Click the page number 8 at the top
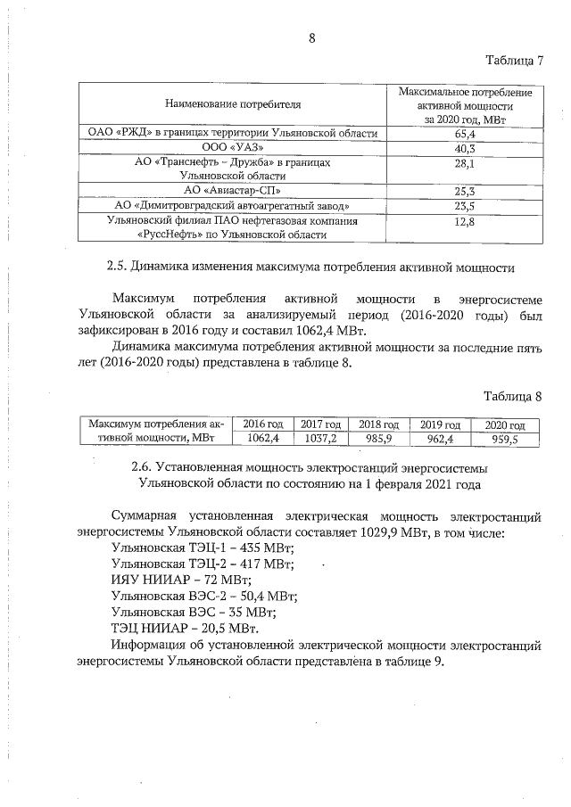(311, 37)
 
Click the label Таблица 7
(514, 61)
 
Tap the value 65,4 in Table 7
(464, 134)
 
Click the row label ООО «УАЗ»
(231, 148)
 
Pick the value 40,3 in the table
(464, 148)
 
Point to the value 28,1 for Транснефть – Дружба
(464, 163)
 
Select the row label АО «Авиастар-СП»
(231, 191)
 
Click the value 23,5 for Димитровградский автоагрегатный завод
(464, 206)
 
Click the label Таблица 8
(514, 395)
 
